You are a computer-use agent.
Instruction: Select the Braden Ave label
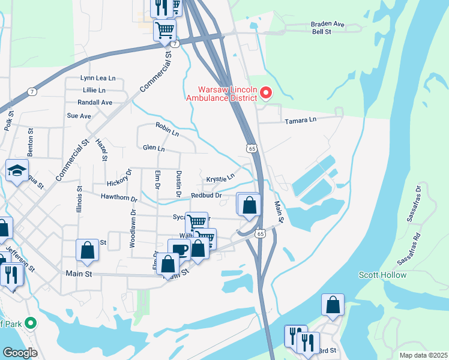(328, 24)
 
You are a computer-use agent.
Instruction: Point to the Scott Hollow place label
(382, 275)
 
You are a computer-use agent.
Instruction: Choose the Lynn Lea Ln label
(97, 78)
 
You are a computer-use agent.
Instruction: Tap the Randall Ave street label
(95, 103)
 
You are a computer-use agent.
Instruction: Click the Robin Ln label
(167, 129)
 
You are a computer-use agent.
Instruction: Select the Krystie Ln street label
(220, 179)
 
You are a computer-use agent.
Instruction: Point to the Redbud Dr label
(206, 195)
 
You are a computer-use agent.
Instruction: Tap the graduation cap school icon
(17, 170)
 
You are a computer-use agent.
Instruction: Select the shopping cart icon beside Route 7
(164, 29)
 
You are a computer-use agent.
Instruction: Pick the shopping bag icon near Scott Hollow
(333, 305)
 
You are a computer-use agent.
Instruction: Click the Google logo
(20, 353)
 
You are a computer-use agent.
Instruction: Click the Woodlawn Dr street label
(133, 229)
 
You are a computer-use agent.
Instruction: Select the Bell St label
(322, 32)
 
